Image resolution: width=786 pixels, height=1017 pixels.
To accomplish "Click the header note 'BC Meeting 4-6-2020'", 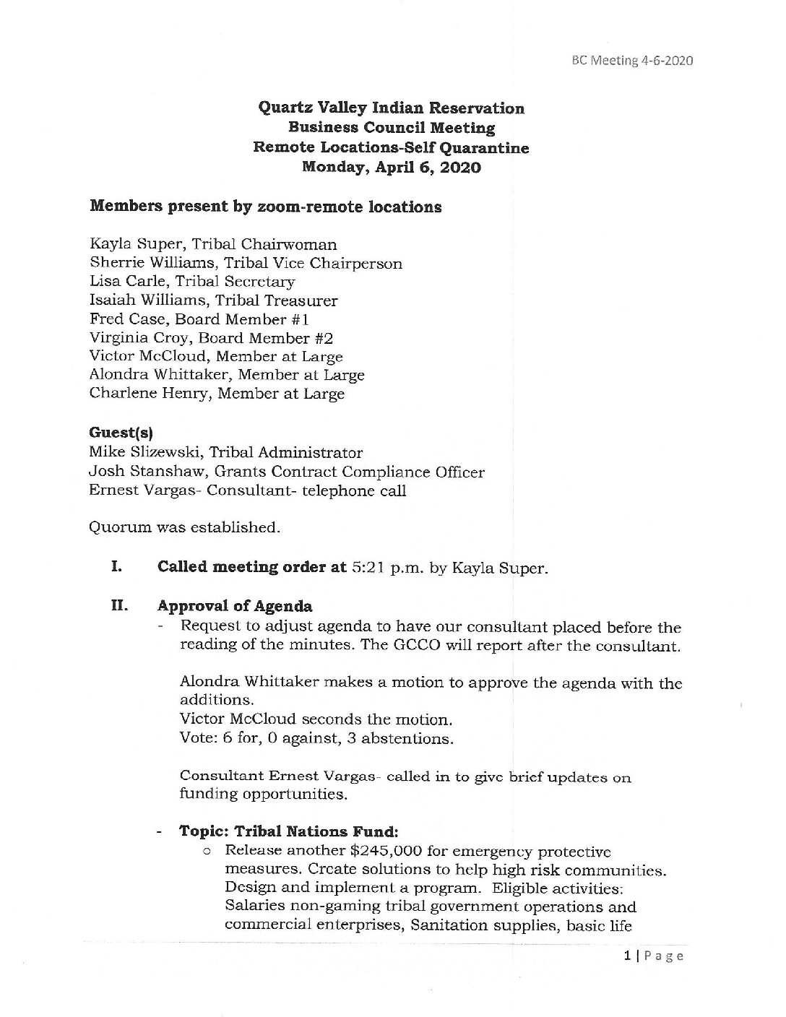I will click(631, 61).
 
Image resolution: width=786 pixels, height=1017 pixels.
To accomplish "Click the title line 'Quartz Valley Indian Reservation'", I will click(391, 108).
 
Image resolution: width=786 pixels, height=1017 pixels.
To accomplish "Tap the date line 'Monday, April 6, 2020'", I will click(391, 168).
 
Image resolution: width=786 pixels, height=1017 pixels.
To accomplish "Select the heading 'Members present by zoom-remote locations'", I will click(265, 207).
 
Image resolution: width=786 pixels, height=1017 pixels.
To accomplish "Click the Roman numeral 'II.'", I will click(119, 606).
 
